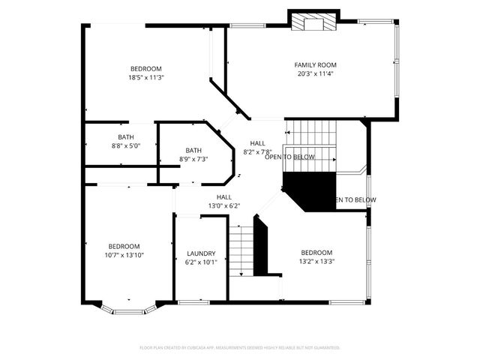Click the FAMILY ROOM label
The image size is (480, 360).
pyautogui.click(x=315, y=65)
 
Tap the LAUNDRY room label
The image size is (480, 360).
pyautogui.click(x=201, y=253)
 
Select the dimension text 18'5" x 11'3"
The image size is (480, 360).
pyautogui.click(x=146, y=76)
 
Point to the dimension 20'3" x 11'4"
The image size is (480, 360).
pyautogui.click(x=315, y=73)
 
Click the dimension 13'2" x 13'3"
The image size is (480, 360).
pyautogui.click(x=316, y=261)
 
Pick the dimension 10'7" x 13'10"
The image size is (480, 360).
pyautogui.click(x=124, y=255)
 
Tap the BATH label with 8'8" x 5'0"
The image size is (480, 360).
pyautogui.click(x=125, y=137)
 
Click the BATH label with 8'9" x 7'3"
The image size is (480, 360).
pyautogui.click(x=193, y=150)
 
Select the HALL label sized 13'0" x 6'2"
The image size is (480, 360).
pyautogui.click(x=223, y=197)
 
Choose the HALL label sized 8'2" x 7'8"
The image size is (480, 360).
pyautogui.click(x=257, y=143)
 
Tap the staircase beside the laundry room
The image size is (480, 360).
pyautogui.click(x=241, y=251)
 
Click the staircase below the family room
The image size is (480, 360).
pyautogui.click(x=310, y=135)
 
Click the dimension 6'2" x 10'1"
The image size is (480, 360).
pyautogui.click(x=201, y=262)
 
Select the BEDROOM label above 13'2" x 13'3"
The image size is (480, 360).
pyautogui.click(x=316, y=253)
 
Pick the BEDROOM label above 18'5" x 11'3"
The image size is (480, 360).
pyautogui.click(x=146, y=68)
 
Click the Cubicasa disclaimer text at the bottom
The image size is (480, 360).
pyautogui.click(x=240, y=347)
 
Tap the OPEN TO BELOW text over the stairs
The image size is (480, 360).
pyautogui.click(x=289, y=157)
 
